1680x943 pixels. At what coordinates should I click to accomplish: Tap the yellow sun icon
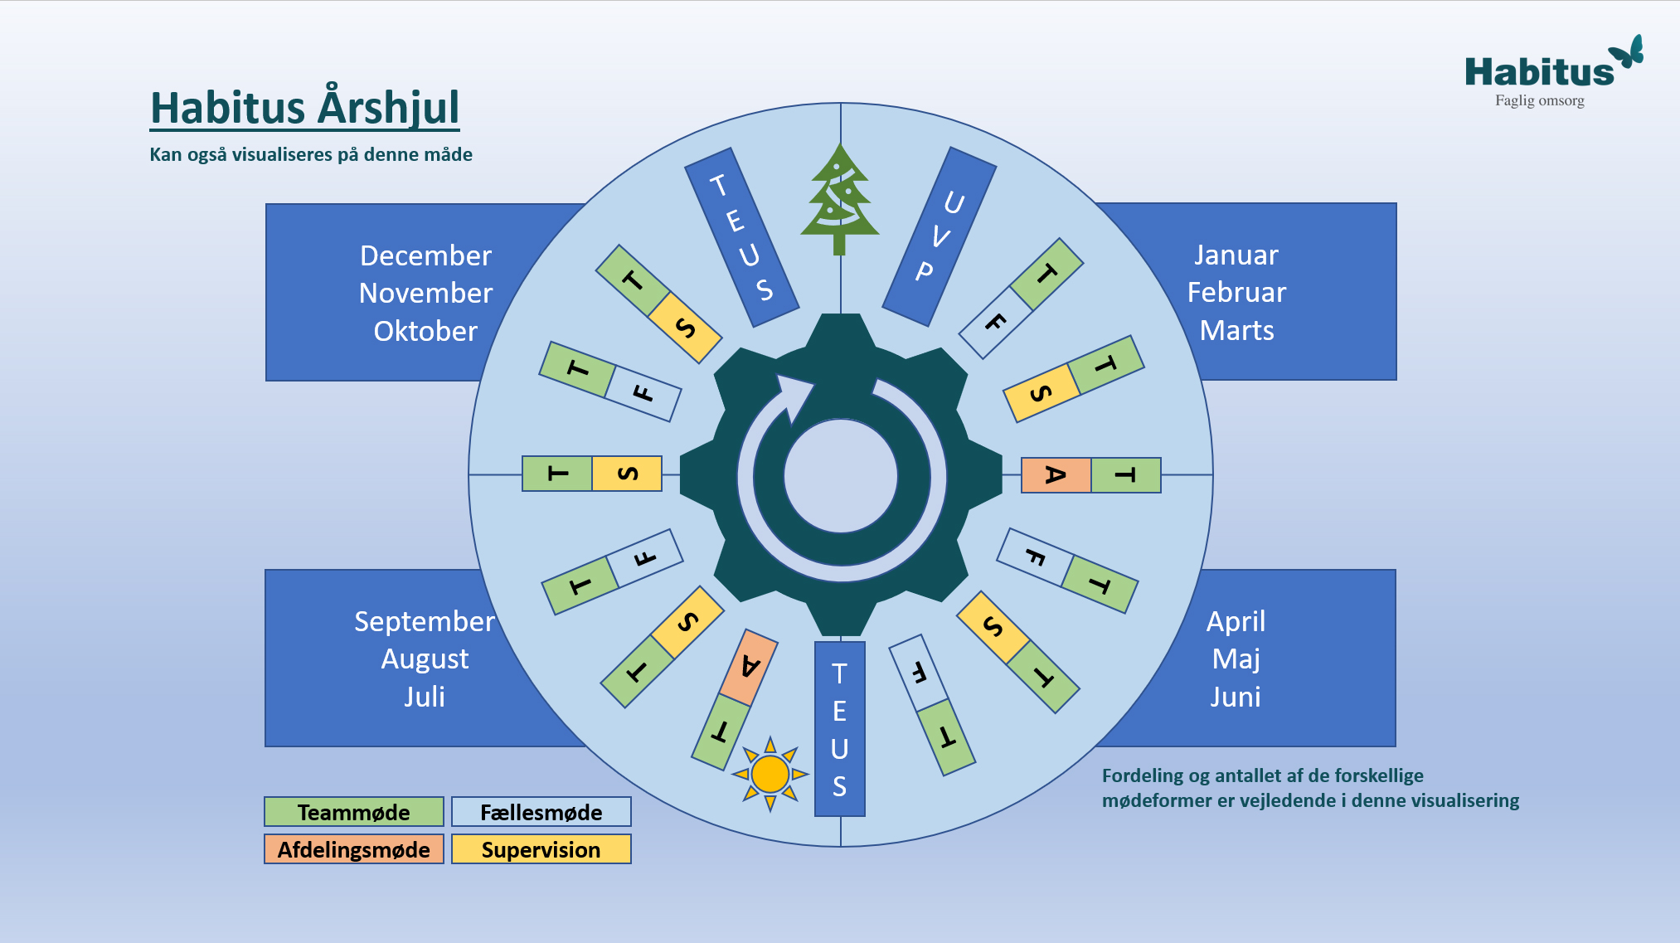pyautogui.click(x=770, y=774)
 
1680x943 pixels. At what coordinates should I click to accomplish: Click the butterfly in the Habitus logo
pyautogui.click(x=1628, y=52)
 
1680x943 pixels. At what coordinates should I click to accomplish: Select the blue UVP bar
pyautogui.click(x=939, y=237)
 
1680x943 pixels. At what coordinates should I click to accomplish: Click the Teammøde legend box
pyautogui.click(x=354, y=812)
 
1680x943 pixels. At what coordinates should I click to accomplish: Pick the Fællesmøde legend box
pyautogui.click(x=541, y=812)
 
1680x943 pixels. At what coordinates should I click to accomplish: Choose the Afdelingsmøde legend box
pyautogui.click(x=354, y=849)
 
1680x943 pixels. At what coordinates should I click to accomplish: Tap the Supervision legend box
pyautogui.click(x=541, y=849)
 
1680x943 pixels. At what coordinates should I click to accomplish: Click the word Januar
pyautogui.click(x=1236, y=255)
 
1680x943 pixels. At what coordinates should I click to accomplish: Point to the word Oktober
pyautogui.click(x=425, y=331)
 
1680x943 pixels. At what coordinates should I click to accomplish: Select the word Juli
pyautogui.click(x=425, y=697)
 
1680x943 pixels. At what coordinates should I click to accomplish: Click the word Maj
pyautogui.click(x=1236, y=659)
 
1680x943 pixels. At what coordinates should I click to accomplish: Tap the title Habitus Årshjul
pyautogui.click(x=304, y=108)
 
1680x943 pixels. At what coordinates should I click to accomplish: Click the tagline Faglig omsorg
pyautogui.click(x=1539, y=100)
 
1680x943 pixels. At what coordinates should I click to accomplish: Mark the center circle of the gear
pyautogui.click(x=840, y=476)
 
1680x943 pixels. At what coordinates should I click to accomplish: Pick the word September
pyautogui.click(x=425, y=621)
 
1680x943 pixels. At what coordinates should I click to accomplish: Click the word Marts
pyautogui.click(x=1236, y=331)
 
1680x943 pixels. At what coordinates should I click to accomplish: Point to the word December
pyautogui.click(x=425, y=255)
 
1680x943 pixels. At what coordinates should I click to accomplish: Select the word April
pyautogui.click(x=1236, y=621)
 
